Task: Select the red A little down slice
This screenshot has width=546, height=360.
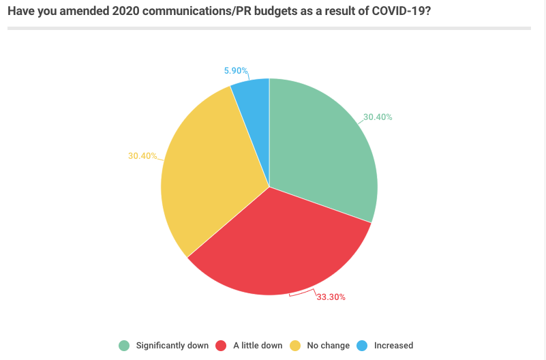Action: point(279,245)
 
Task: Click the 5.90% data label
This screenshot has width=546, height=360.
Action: point(236,70)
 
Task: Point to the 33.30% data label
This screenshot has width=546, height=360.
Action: point(330,297)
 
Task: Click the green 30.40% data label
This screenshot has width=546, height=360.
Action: point(378,117)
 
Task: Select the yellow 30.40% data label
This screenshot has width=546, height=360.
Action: point(142,155)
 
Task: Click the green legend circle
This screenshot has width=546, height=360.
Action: point(124,346)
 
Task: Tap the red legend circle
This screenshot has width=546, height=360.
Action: point(221,346)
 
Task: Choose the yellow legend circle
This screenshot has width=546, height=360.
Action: point(294,346)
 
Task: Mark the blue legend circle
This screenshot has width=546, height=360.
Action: point(362,346)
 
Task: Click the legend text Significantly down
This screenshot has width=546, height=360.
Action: point(172,346)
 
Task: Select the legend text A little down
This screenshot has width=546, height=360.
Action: point(258,346)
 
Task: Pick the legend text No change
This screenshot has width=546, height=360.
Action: point(328,346)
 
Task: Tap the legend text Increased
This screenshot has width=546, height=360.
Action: point(393,346)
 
